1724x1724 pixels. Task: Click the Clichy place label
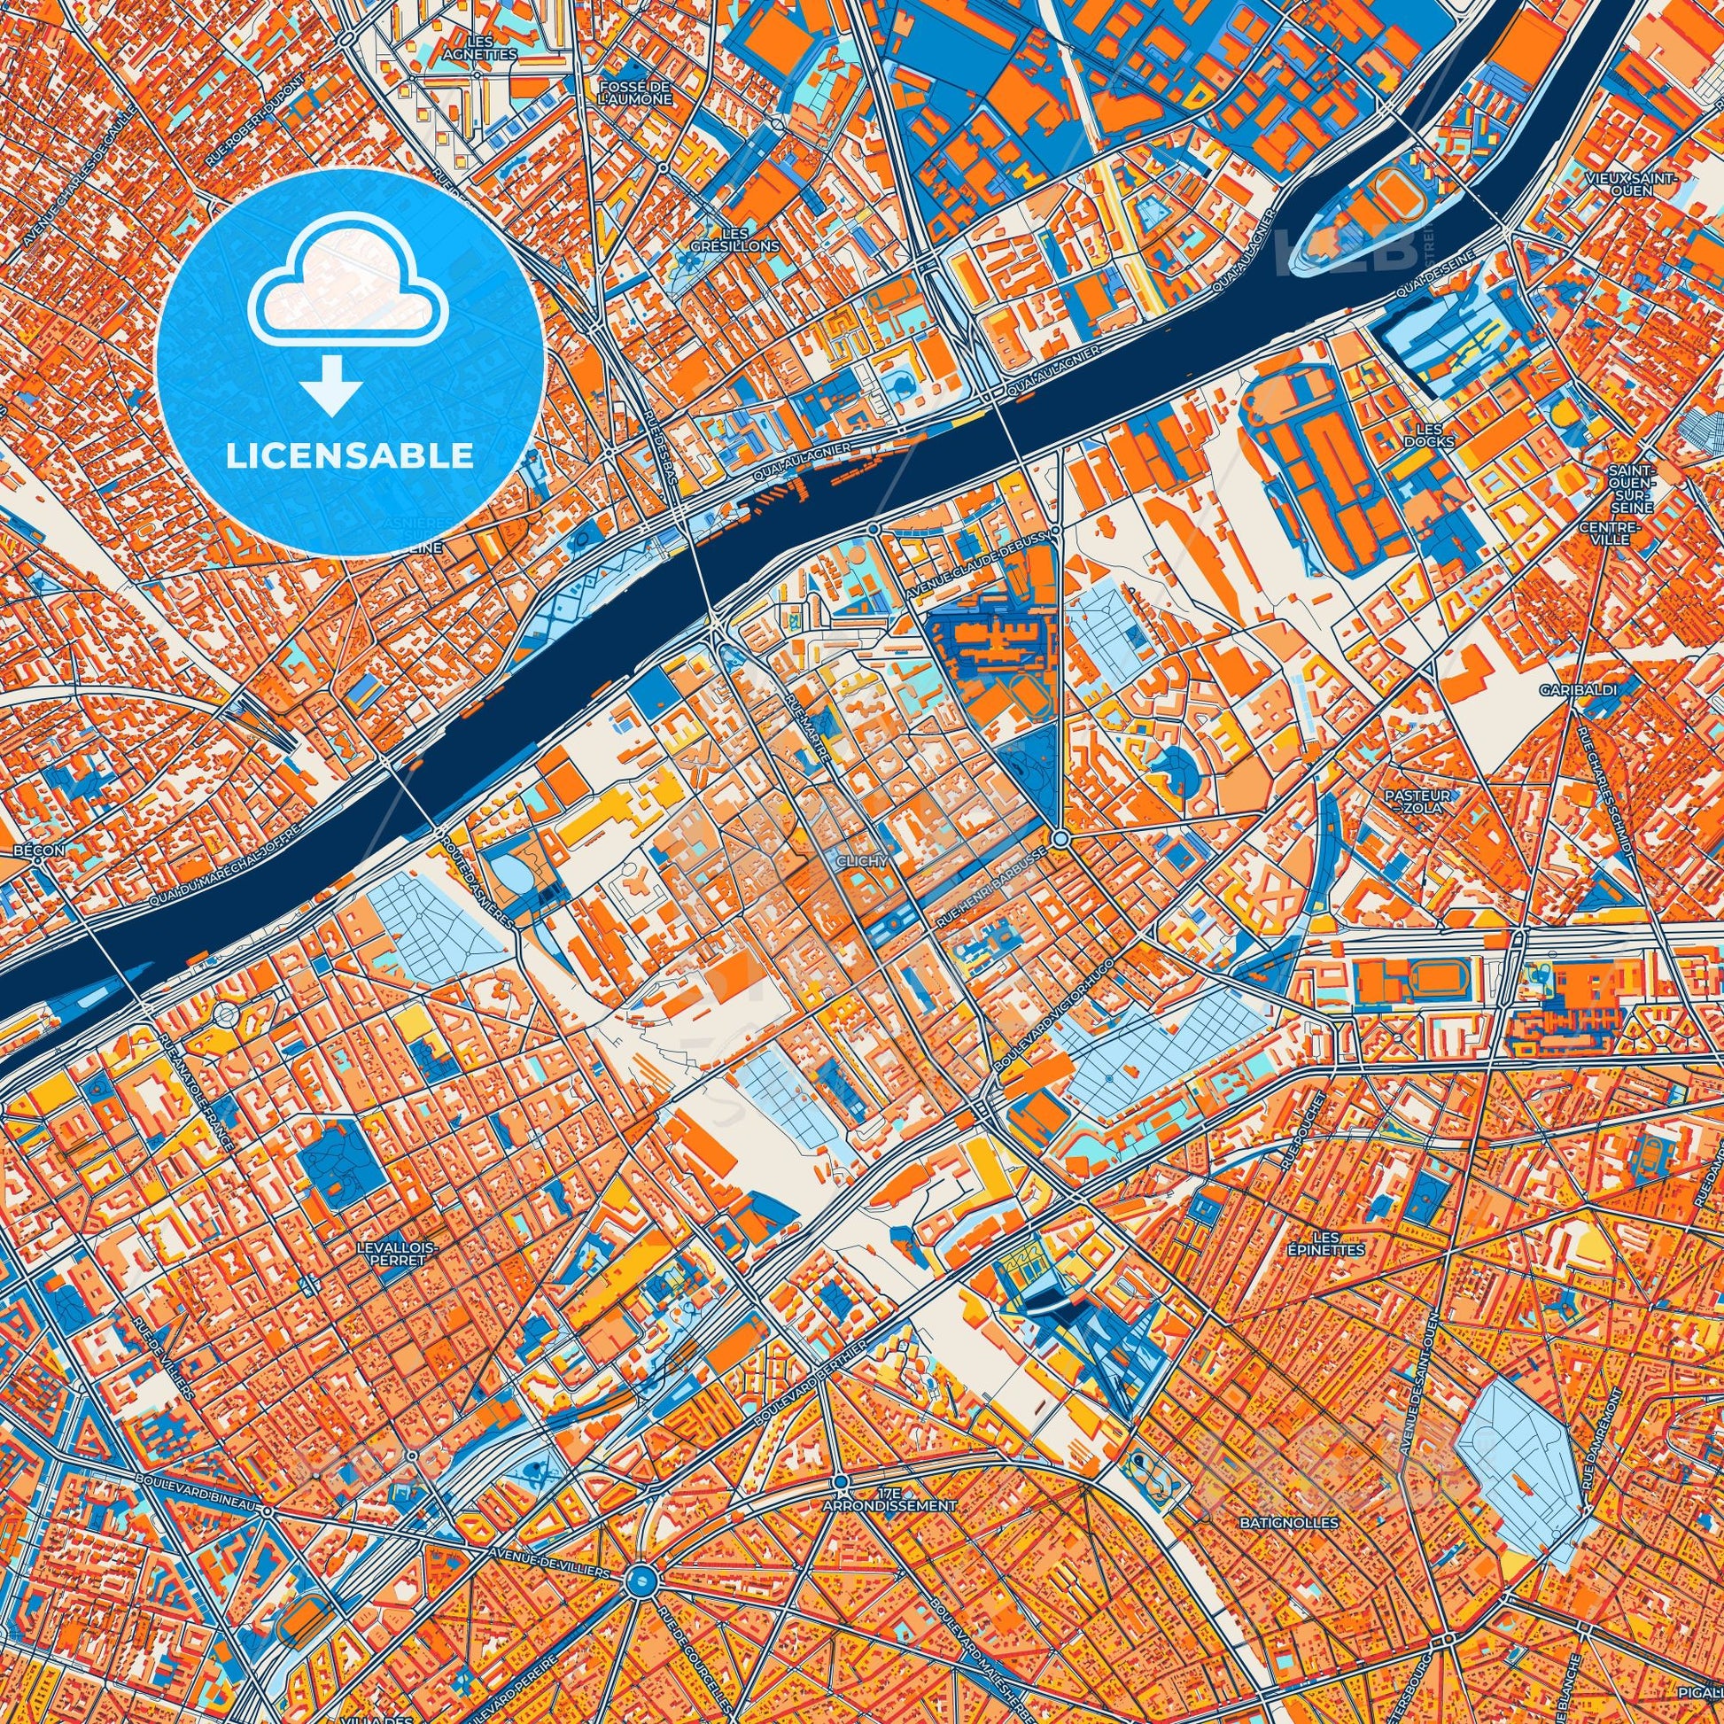862,861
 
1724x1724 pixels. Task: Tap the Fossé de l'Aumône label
634,92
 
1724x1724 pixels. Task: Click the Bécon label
39,850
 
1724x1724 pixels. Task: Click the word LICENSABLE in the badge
350,456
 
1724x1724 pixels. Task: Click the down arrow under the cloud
331,385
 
